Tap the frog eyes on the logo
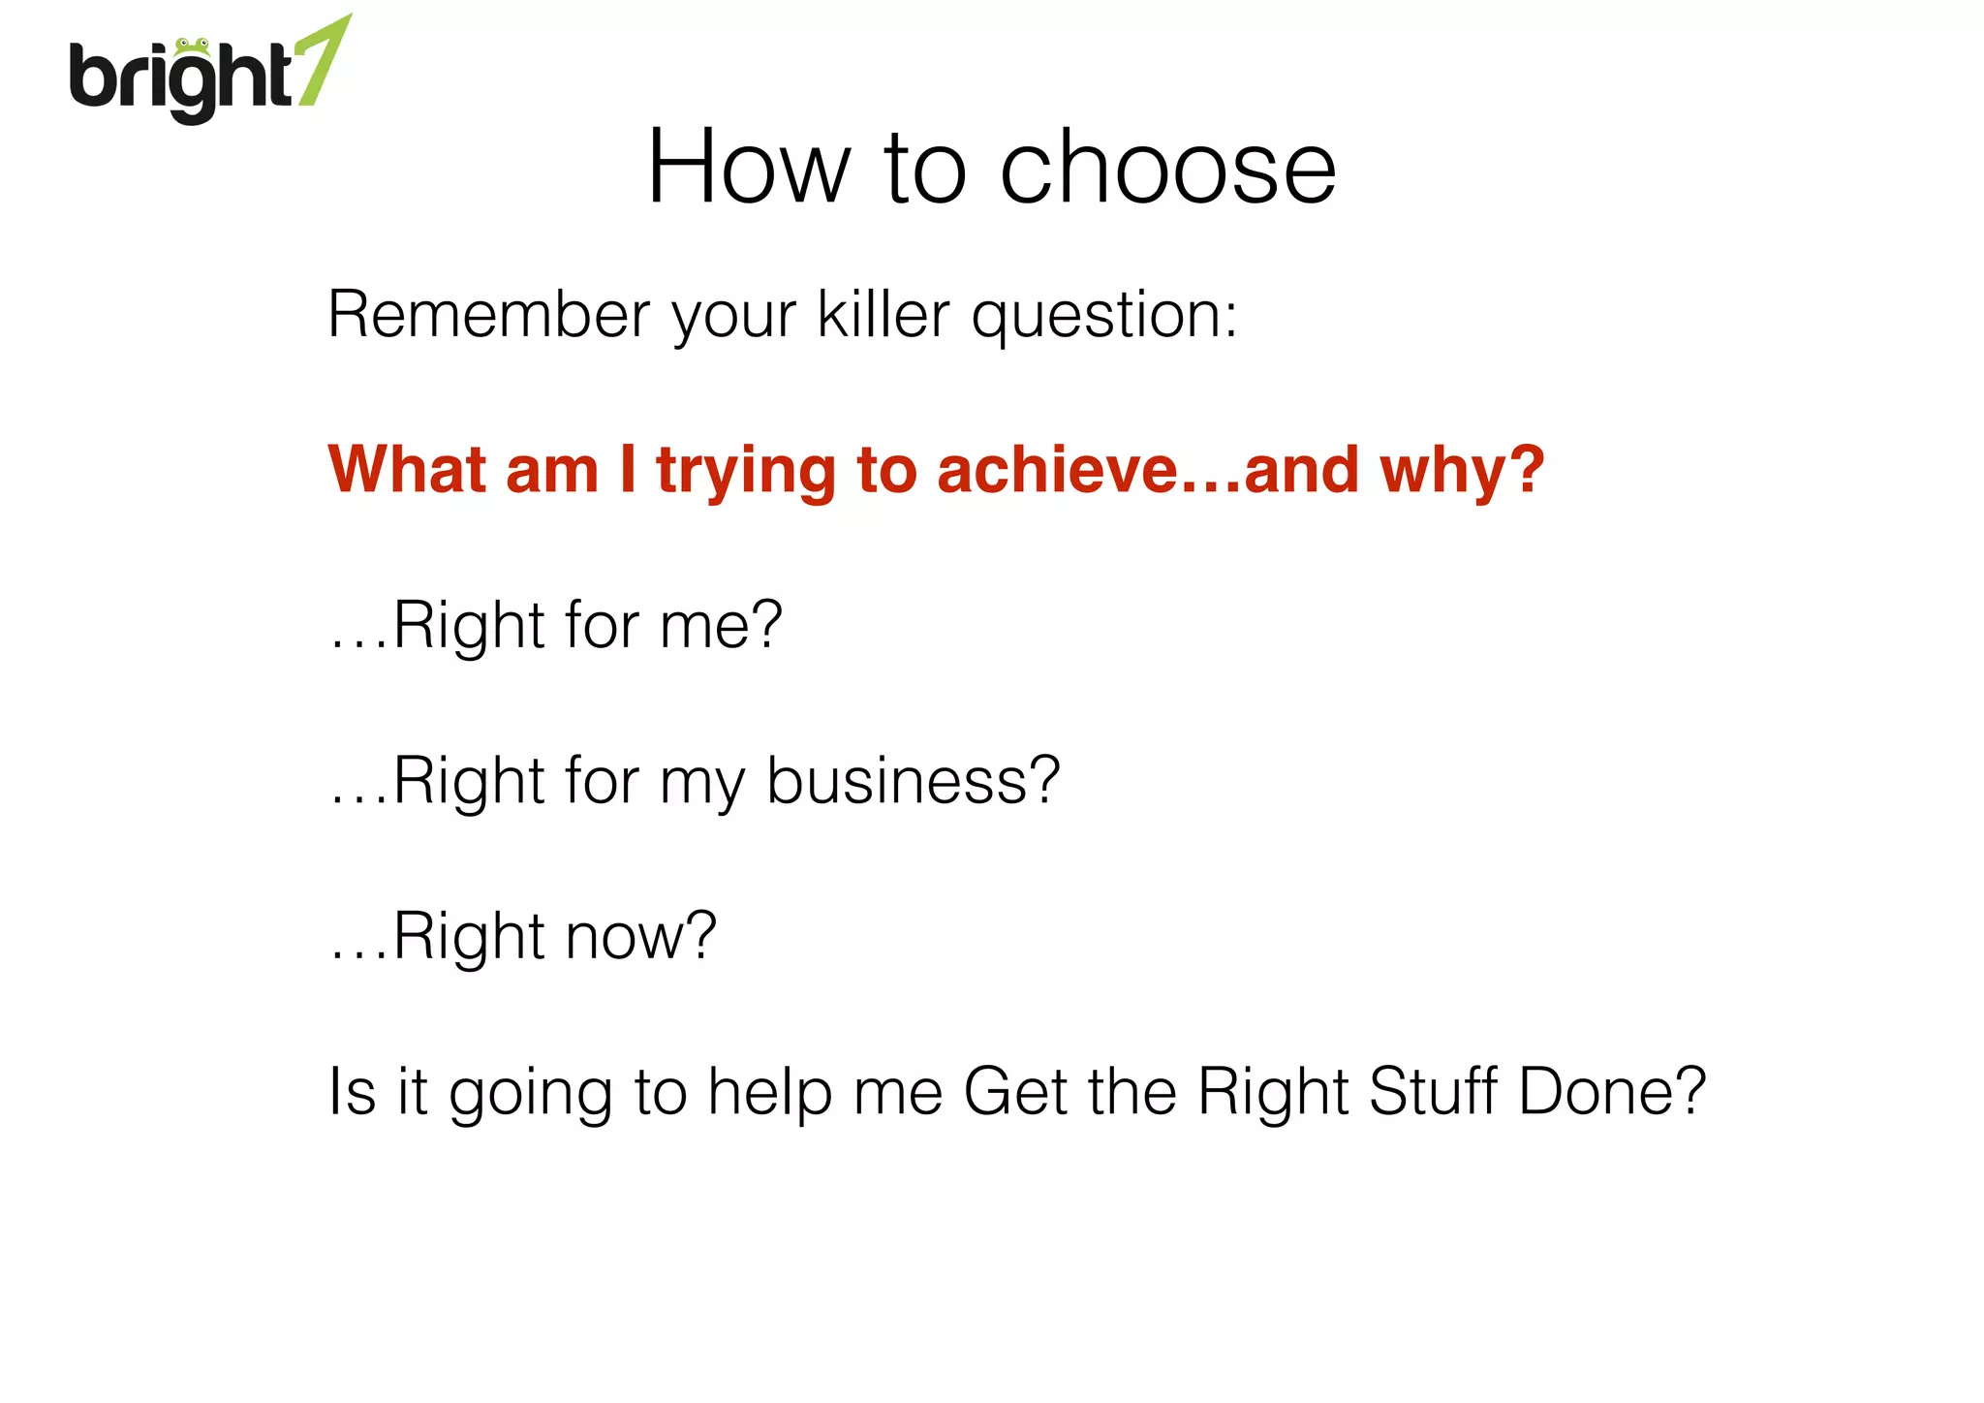point(193,44)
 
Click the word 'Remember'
point(489,315)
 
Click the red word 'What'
point(408,470)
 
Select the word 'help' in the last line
point(770,1093)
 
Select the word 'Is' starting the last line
point(351,1092)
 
